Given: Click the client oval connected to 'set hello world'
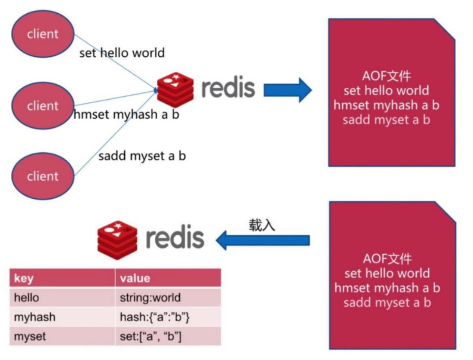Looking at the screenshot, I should coord(43,34).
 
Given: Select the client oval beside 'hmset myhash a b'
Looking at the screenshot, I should coord(43,105).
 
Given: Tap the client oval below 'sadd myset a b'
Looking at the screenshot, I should coord(43,176).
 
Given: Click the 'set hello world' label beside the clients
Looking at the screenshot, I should coord(122,53).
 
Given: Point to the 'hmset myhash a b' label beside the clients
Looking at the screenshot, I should coord(126,115).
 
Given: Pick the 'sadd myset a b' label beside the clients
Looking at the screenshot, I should coord(142,155).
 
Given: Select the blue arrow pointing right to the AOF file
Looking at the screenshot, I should coord(287,90).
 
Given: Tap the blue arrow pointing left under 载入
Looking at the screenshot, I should coord(263,240).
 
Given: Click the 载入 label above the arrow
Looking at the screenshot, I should coord(261,225).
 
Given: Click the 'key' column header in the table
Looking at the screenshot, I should coord(24,278).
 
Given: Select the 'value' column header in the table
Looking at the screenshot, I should coord(135,278).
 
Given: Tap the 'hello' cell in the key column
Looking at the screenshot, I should coord(27,298).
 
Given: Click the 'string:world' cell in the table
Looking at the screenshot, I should coord(150,298).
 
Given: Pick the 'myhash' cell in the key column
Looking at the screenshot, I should coord(35,317).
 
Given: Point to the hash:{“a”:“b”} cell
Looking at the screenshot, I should coord(155,317).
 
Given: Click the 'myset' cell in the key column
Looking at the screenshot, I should coord(30,336).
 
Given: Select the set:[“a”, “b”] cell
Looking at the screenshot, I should coord(150,336).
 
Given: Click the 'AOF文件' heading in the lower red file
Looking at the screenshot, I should coord(387,258).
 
